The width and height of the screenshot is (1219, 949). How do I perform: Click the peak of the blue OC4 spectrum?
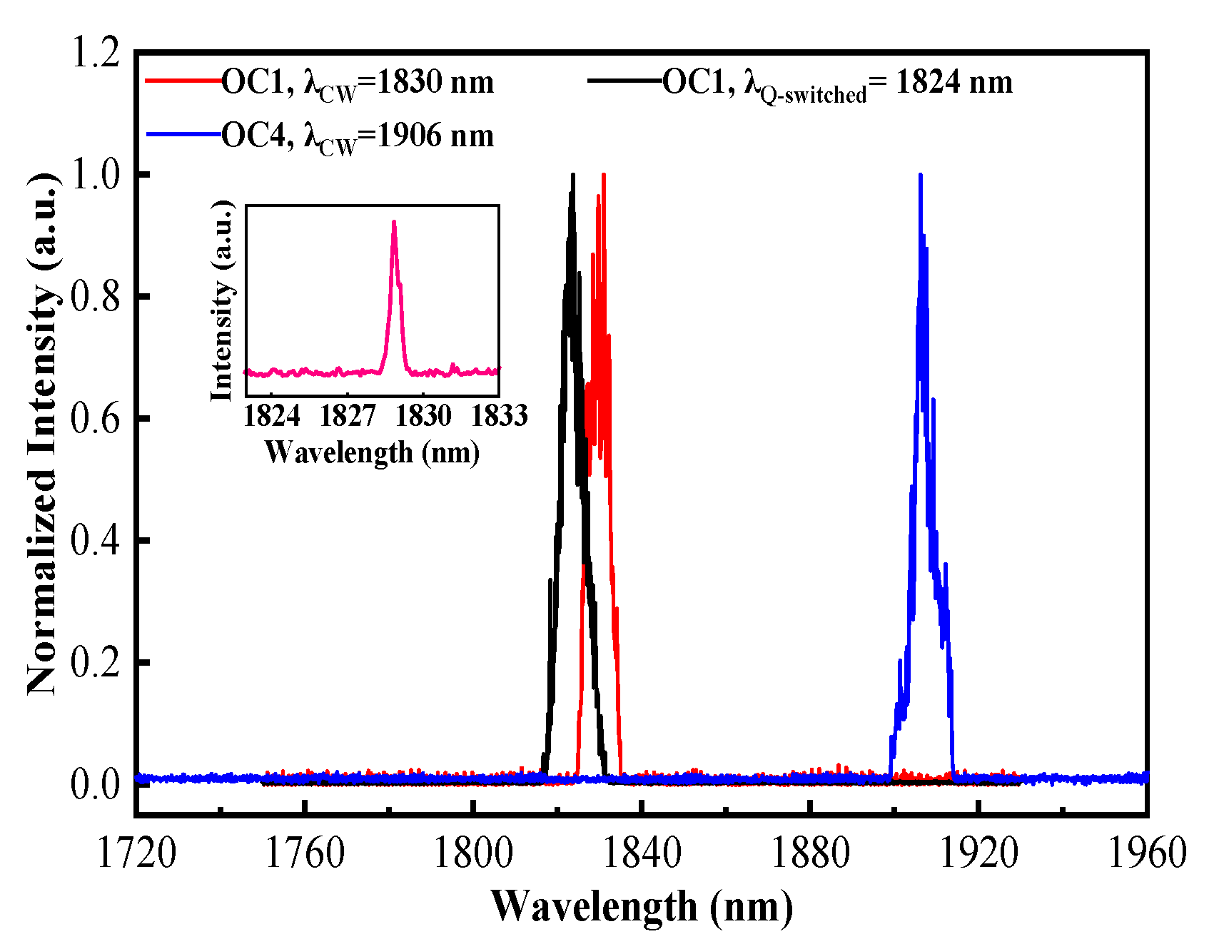(x=920, y=176)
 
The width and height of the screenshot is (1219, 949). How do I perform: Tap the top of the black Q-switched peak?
(x=572, y=176)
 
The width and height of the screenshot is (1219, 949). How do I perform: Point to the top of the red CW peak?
(x=604, y=176)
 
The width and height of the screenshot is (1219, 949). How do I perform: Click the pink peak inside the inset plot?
(x=393, y=223)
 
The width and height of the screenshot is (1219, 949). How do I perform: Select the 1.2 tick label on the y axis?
(x=95, y=54)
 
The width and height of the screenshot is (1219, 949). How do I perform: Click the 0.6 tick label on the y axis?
(x=95, y=419)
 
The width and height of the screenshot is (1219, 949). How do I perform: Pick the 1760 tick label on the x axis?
(x=304, y=853)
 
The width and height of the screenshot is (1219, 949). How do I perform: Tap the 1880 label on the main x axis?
(x=810, y=853)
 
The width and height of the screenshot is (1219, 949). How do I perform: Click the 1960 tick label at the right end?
(x=1145, y=853)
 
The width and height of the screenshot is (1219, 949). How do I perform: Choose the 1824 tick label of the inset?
(x=272, y=415)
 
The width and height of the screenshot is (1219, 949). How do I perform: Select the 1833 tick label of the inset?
(x=499, y=415)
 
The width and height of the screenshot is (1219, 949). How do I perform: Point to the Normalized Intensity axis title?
(x=42, y=434)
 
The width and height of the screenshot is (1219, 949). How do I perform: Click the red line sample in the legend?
(x=183, y=81)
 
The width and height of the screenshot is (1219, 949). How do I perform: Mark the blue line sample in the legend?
(x=183, y=134)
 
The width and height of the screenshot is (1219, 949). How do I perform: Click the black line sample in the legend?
(x=625, y=81)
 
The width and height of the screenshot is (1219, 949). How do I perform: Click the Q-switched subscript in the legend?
(x=813, y=95)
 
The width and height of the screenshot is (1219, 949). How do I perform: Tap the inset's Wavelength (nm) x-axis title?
(x=372, y=452)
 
